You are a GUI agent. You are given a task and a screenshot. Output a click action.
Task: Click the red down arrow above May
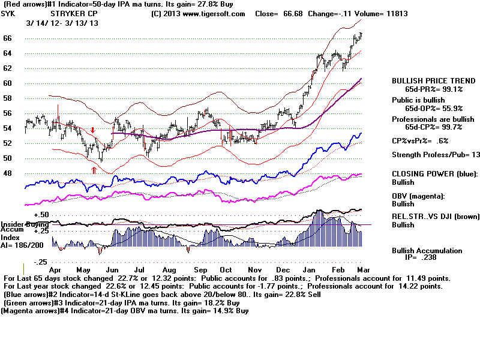click(x=93, y=130)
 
